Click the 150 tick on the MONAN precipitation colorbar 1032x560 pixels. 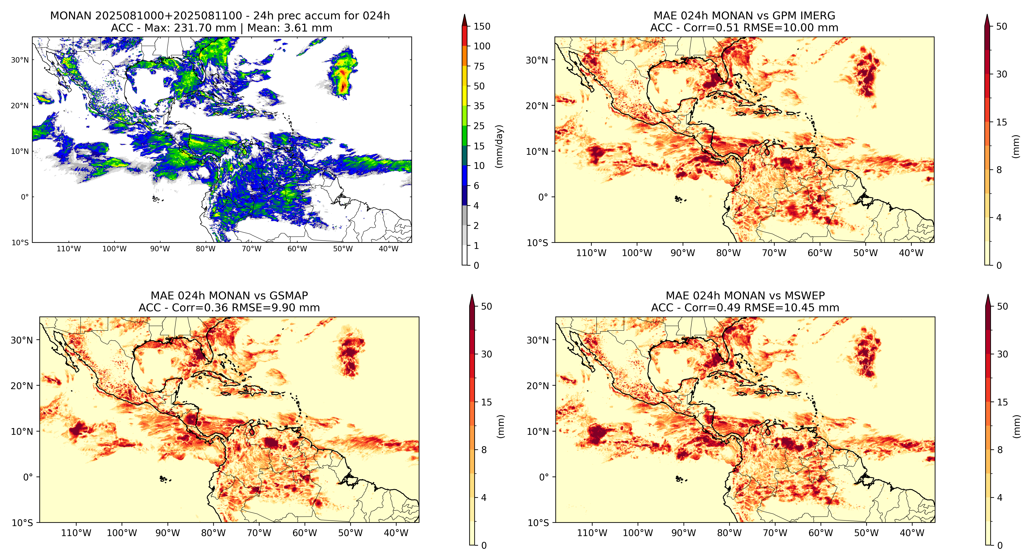pyautogui.click(x=482, y=27)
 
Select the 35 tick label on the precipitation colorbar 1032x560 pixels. pyautogui.click(x=479, y=106)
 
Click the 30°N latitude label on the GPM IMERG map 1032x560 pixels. pyautogui.click(x=537, y=60)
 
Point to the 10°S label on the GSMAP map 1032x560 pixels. pyautogui.click(x=22, y=523)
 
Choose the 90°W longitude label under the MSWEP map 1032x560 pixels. pyautogui.click(x=684, y=533)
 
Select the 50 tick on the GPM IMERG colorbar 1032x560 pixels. pyautogui.click(x=1002, y=27)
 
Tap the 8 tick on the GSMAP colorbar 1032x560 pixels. pyautogui.click(x=484, y=450)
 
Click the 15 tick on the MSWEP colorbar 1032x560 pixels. pyautogui.click(x=1002, y=402)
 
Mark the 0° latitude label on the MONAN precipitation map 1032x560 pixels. pyautogui.click(x=25, y=197)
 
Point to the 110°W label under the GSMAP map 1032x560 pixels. pyautogui.click(x=76, y=533)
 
